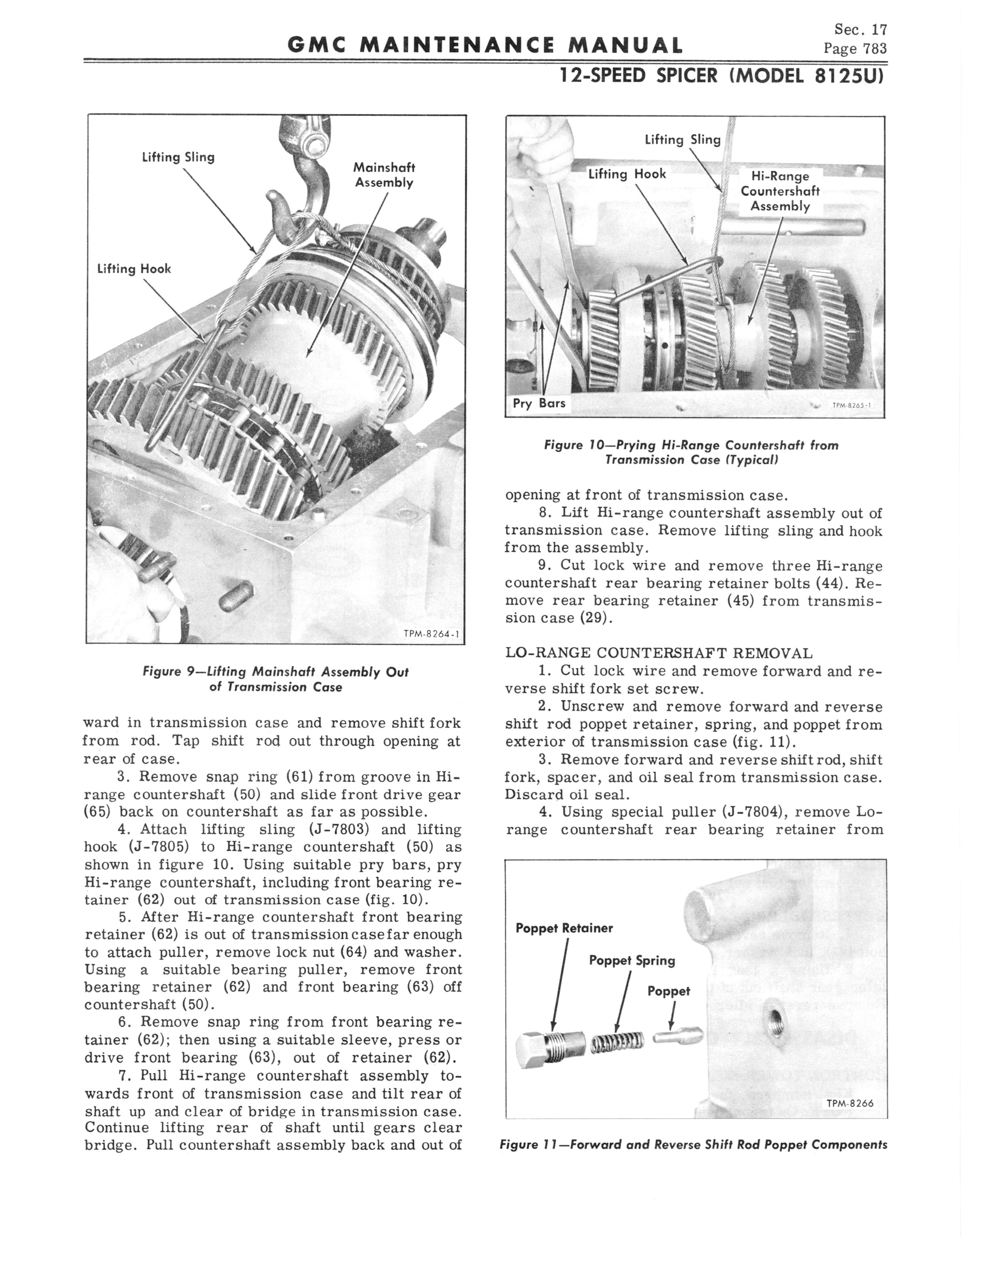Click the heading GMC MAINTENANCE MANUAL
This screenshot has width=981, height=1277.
click(485, 45)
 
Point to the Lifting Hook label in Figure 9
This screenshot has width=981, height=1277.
click(134, 269)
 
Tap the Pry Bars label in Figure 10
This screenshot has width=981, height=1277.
click(539, 403)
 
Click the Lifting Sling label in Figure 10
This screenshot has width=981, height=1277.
click(683, 140)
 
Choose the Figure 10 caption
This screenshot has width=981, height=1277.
click(691, 452)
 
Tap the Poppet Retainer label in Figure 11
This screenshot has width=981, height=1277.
click(564, 928)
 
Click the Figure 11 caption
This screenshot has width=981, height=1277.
click(693, 1145)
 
